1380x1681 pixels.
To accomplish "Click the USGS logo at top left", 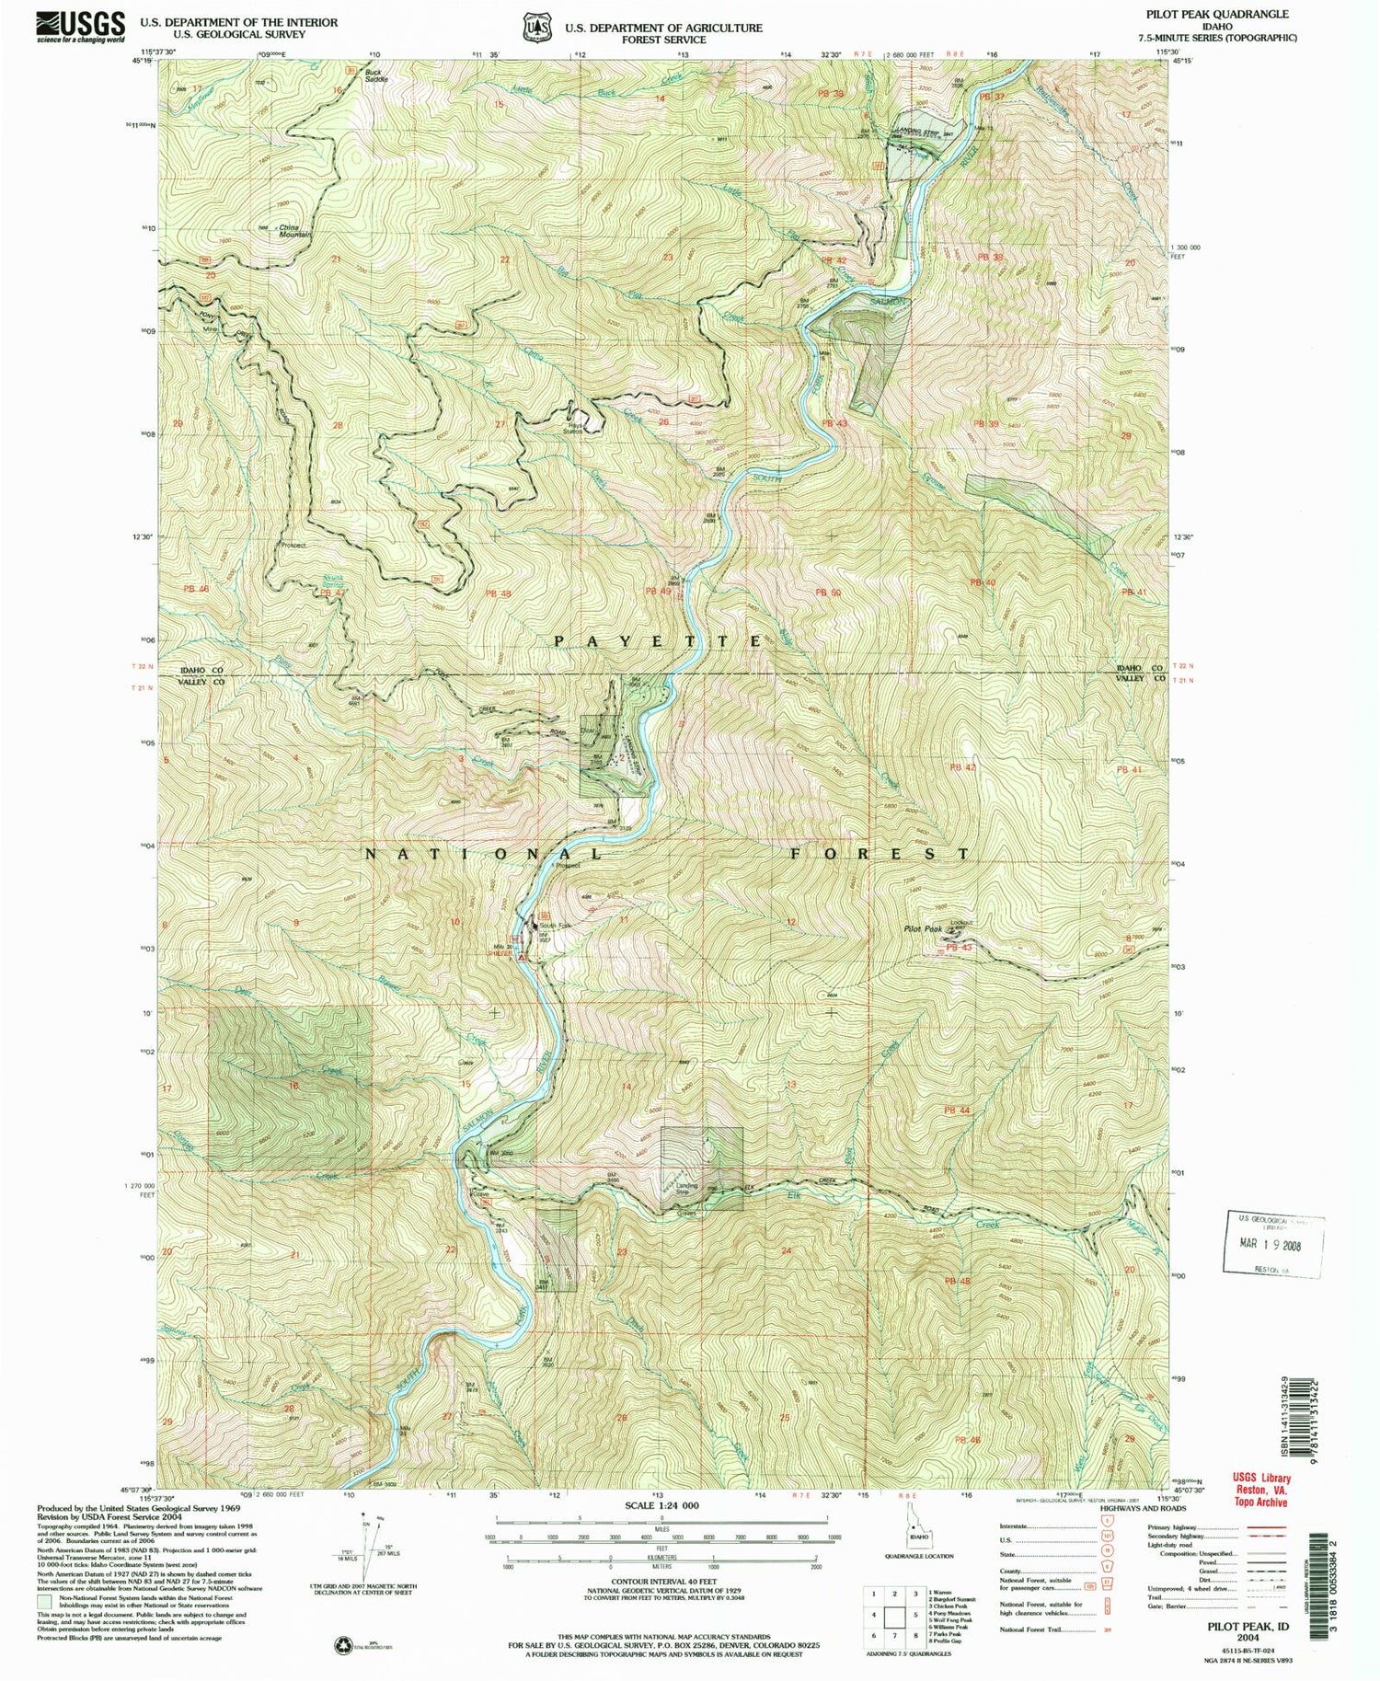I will [x=80, y=27].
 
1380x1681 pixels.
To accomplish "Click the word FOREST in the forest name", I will [x=880, y=854].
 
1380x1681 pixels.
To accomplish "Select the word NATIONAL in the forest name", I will [x=485, y=854].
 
